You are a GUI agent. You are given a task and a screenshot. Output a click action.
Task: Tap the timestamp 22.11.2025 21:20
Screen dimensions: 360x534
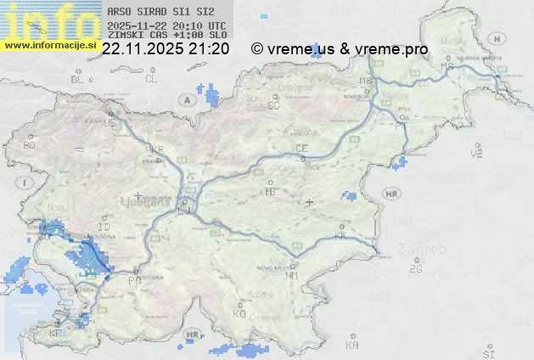(165, 49)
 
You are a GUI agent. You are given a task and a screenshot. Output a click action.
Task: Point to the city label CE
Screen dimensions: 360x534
(301, 149)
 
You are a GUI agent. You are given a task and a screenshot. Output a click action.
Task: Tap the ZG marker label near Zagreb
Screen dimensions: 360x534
(415, 269)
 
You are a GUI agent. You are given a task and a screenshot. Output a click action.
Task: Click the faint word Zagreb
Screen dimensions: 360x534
(427, 250)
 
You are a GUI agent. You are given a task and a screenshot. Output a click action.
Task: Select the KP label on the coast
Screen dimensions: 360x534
(55, 334)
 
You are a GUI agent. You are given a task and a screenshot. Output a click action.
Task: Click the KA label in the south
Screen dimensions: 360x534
(352, 346)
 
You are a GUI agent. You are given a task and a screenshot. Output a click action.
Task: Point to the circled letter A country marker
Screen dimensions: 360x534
(186, 100)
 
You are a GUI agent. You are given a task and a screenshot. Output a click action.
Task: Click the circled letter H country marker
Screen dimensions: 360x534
(503, 39)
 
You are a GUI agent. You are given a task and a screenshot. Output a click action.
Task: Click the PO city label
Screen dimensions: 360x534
(133, 279)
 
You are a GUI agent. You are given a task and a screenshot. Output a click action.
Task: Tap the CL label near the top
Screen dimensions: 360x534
(151, 79)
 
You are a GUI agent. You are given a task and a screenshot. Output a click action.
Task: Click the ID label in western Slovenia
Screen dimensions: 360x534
(104, 228)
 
